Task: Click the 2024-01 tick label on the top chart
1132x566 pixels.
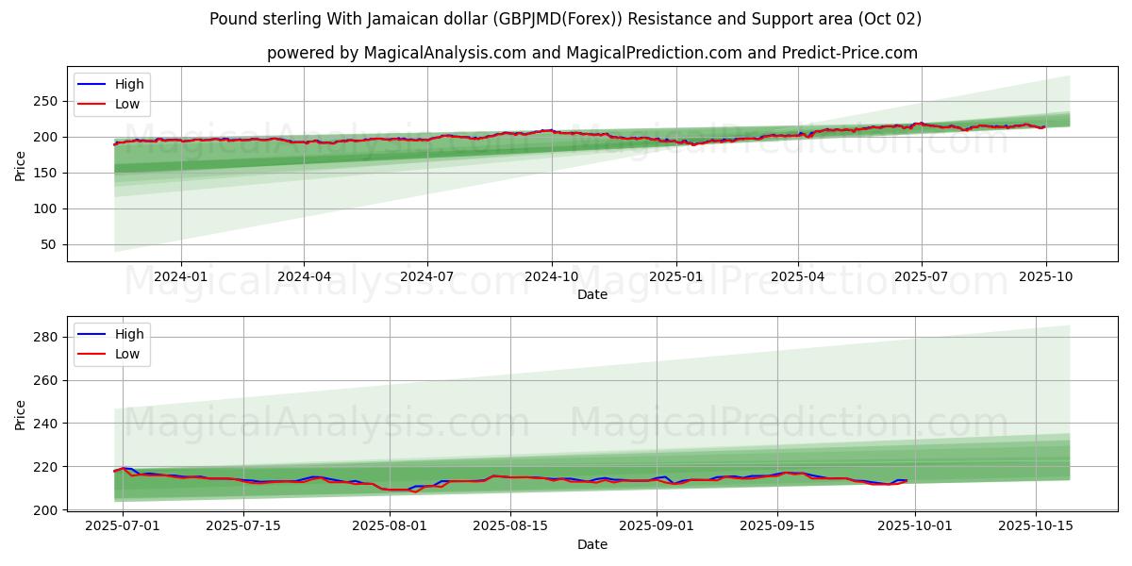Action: click(180, 276)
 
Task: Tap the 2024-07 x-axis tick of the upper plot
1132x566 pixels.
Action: click(427, 276)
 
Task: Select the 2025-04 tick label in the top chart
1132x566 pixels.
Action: click(798, 276)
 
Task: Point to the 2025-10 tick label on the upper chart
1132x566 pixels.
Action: click(1045, 276)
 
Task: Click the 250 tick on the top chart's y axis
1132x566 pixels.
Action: click(48, 101)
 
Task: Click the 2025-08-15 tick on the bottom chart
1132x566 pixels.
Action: click(510, 525)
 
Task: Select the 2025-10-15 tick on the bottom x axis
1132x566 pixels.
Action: click(1036, 525)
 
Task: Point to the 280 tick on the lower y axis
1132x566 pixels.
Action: click(48, 337)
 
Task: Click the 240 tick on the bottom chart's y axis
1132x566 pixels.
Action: click(48, 424)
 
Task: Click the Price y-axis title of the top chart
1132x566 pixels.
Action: click(21, 166)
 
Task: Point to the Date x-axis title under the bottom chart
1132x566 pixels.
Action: click(592, 544)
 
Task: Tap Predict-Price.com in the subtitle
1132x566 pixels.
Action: click(850, 53)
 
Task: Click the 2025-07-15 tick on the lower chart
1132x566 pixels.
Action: click(243, 525)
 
